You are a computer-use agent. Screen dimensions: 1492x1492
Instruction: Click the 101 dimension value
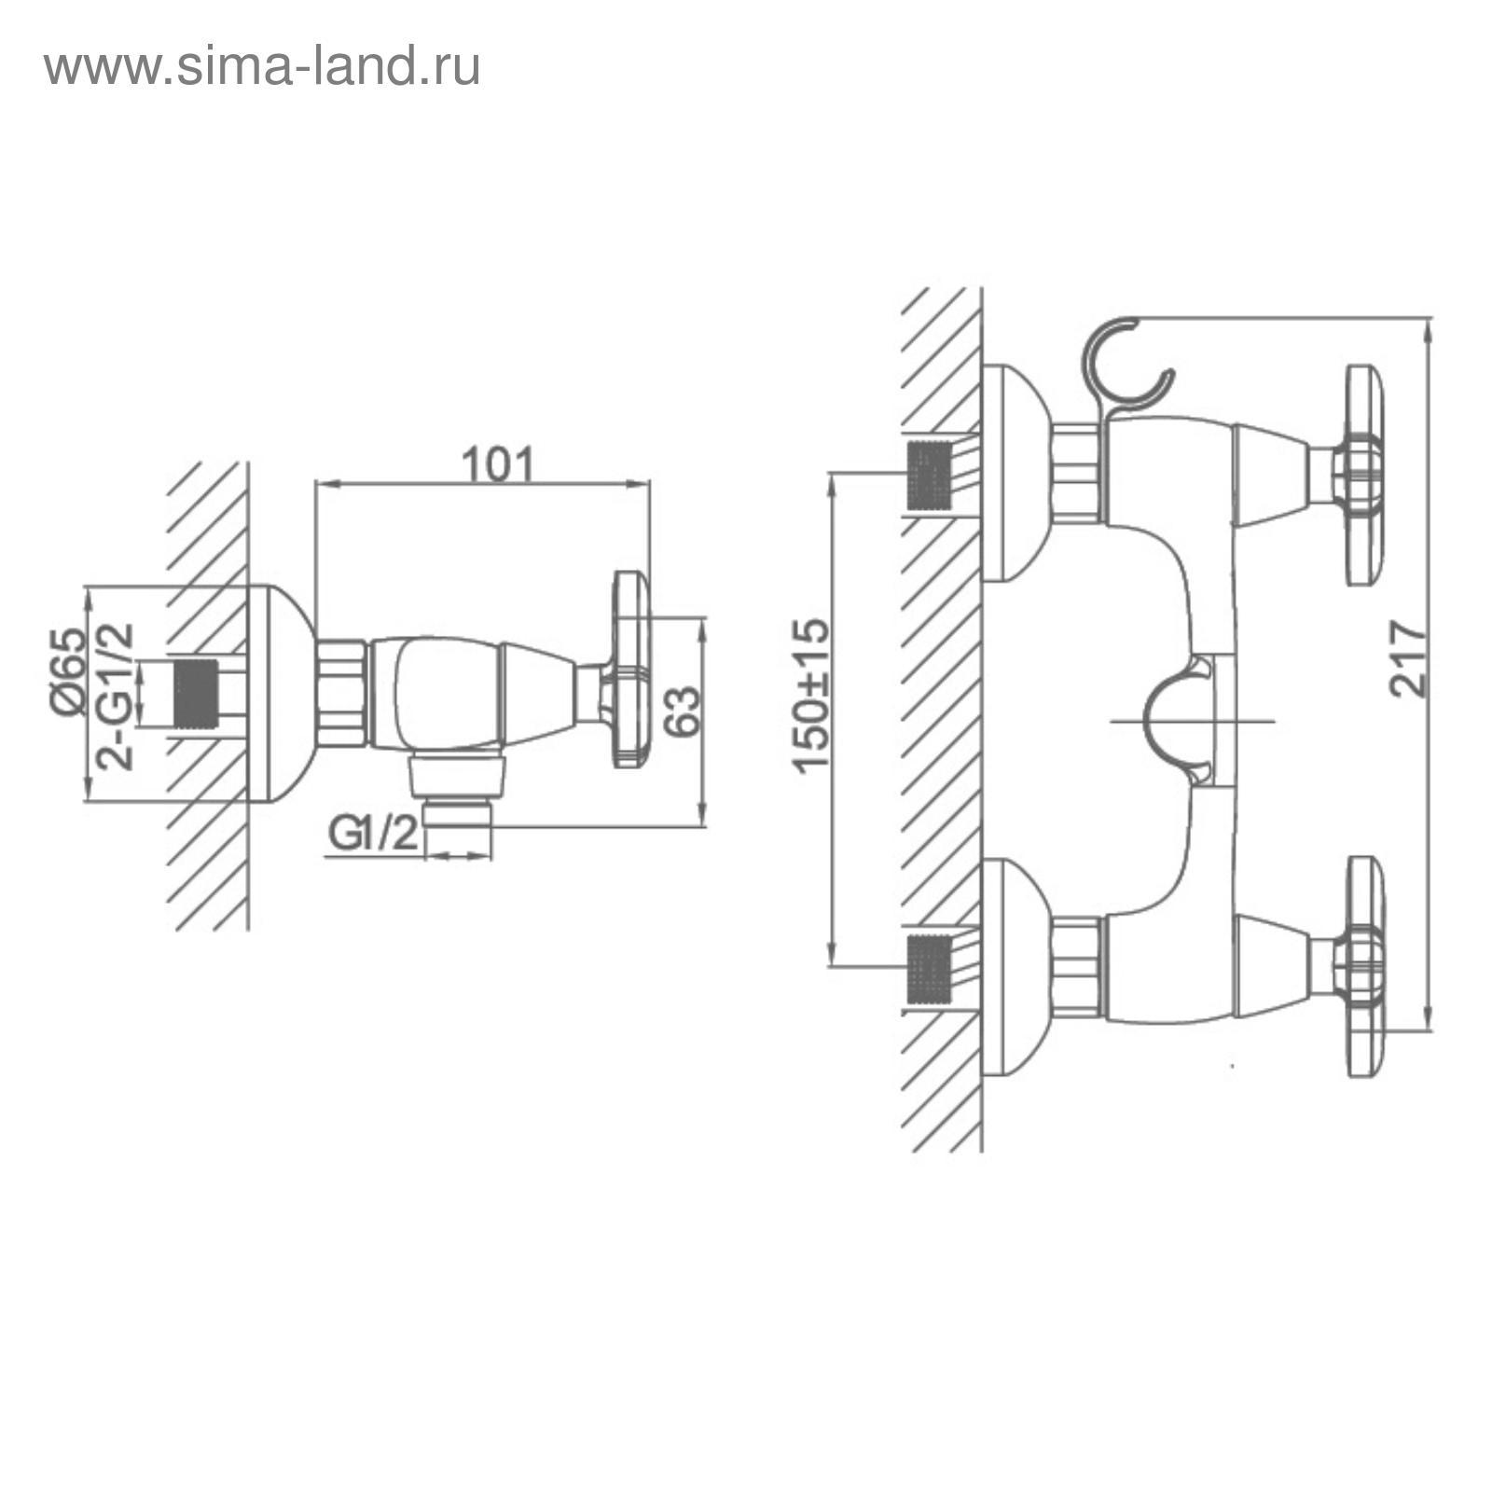[x=501, y=464]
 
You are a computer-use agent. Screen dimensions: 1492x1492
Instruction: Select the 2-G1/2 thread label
[x=116, y=694]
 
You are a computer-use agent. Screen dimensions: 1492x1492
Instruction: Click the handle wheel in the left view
[x=630, y=670]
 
